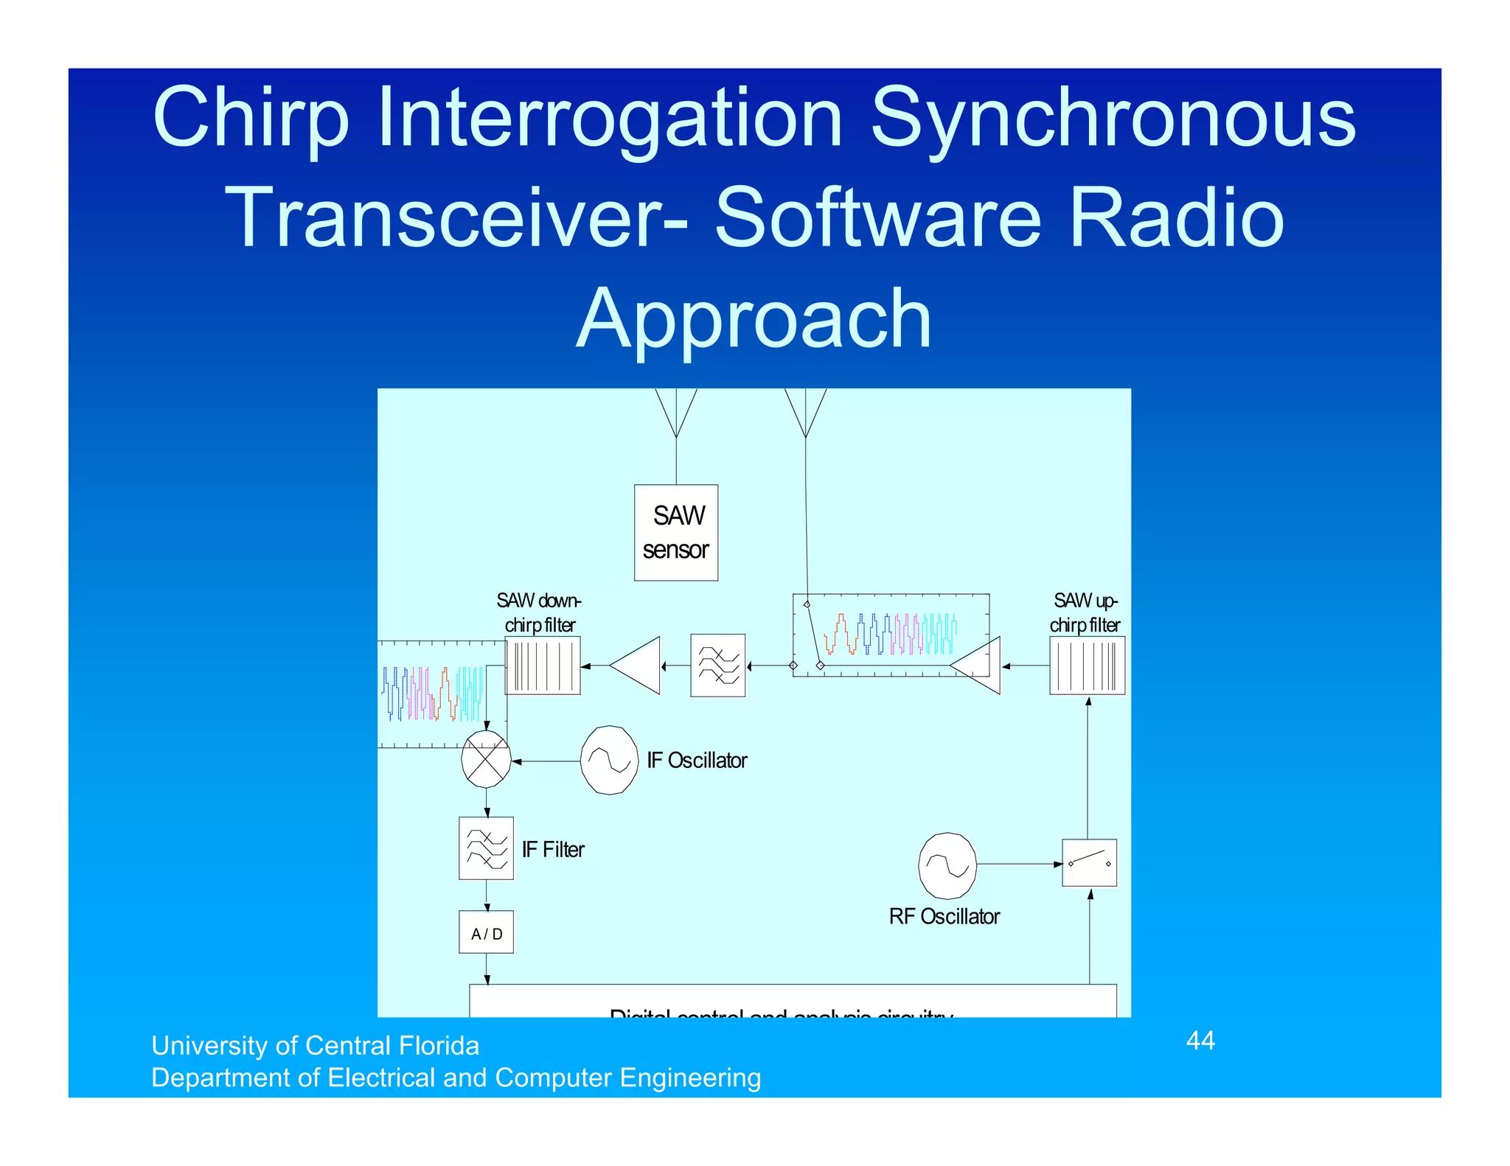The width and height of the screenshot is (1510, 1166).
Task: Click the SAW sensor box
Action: point(675,532)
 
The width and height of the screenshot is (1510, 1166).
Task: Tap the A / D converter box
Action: point(486,932)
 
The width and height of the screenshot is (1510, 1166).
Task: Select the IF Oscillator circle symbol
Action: point(609,760)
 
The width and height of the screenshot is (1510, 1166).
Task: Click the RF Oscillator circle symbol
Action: point(947,865)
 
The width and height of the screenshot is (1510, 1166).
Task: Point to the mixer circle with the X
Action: point(486,759)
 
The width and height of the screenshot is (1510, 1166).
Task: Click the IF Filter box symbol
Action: point(486,848)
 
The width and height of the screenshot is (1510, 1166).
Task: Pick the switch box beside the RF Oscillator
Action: point(1089,862)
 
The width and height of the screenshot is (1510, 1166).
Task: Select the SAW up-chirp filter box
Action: point(1087,666)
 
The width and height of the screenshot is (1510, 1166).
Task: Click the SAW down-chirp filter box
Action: point(543,666)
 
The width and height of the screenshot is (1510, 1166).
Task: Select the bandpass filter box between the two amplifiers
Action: point(717,665)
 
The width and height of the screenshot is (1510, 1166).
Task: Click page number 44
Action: point(1200,1040)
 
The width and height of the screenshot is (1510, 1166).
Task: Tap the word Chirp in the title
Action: point(251,118)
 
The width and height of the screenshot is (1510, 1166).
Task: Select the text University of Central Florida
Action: point(315,1045)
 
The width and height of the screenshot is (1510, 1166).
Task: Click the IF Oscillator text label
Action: point(697,760)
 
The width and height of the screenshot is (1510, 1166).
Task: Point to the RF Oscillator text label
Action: point(944,916)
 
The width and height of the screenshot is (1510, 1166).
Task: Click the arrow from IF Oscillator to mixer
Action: point(546,761)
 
